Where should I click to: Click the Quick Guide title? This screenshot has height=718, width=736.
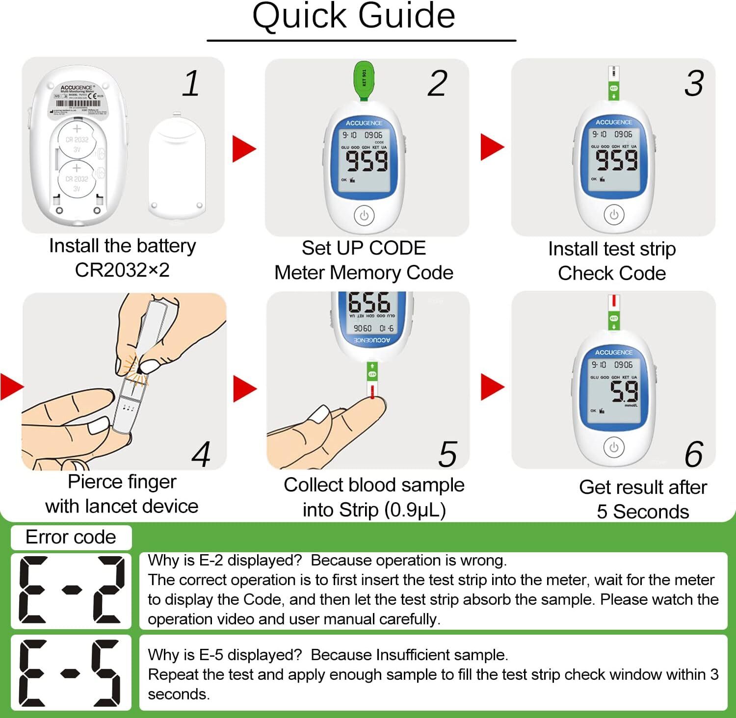click(354, 16)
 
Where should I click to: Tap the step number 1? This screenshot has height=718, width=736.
click(191, 83)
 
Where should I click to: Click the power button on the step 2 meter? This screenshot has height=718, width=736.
click(364, 215)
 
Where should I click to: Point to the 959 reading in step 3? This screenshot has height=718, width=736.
click(616, 160)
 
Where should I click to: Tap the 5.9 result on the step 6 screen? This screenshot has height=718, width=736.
click(624, 391)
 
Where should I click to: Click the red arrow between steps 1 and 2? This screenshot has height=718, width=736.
click(244, 149)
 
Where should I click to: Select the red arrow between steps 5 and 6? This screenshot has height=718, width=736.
click(492, 387)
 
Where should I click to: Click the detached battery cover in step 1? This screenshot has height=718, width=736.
click(177, 167)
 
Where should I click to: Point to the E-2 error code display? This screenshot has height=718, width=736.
click(71, 590)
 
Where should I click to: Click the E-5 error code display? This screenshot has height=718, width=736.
click(71, 672)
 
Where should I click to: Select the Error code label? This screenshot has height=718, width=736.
click(71, 538)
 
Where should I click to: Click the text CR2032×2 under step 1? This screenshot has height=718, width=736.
click(122, 270)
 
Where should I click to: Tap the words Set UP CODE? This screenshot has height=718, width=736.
click(364, 248)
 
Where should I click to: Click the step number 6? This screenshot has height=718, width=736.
click(693, 454)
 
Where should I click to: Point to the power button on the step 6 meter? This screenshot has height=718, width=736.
click(613, 447)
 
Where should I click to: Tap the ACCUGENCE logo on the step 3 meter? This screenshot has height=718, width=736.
click(613, 122)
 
